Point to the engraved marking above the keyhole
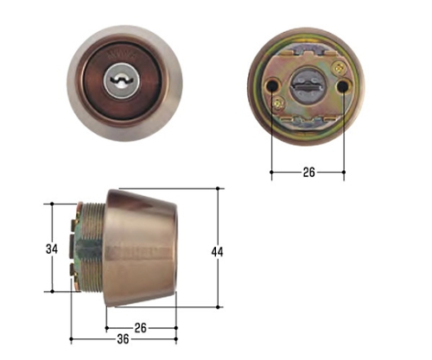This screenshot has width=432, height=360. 123,55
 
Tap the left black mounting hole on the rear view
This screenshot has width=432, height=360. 272,85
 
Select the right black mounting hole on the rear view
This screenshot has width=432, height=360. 343,85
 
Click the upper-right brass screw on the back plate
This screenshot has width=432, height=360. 340,68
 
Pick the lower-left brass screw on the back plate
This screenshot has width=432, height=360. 277,103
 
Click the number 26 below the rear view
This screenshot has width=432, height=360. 308,173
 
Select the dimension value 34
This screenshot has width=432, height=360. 52,249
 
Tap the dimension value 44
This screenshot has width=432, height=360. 217,252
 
